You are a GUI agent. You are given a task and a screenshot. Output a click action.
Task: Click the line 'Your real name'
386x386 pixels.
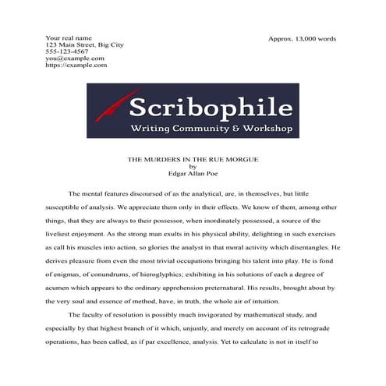click(x=69, y=37)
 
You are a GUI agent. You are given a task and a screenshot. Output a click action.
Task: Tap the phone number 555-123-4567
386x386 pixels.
click(x=66, y=51)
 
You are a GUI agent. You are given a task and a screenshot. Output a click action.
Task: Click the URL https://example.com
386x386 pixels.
click(x=76, y=66)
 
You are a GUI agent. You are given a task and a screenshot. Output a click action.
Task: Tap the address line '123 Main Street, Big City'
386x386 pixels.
click(x=85, y=44)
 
